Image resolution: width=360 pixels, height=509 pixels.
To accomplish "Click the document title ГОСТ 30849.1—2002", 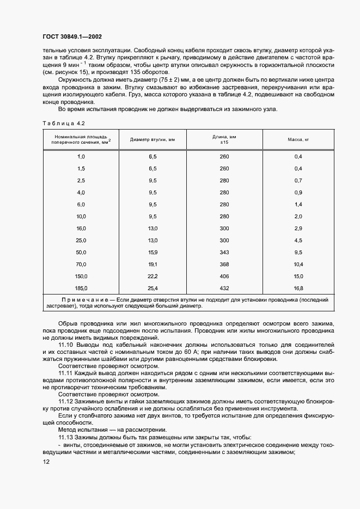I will click(71, 36).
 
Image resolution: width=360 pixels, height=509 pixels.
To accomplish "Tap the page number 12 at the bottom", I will click(45, 462).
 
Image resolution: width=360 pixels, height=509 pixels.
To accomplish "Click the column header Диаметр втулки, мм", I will click(152, 139).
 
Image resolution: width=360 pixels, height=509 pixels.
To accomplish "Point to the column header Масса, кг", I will click(298, 139).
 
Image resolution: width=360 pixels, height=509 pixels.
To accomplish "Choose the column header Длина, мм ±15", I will click(224, 139).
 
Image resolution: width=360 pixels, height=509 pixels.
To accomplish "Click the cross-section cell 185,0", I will click(82, 287).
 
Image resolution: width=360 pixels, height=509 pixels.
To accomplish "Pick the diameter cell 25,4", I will click(152, 287).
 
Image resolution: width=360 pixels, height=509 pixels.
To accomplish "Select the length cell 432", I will click(224, 287).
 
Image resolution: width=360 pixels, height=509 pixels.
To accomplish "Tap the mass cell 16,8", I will click(298, 287).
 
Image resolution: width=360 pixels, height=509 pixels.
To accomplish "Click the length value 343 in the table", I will click(224, 253).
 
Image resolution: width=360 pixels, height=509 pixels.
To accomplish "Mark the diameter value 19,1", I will click(152, 264).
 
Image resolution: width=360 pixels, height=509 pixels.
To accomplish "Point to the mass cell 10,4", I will click(298, 264).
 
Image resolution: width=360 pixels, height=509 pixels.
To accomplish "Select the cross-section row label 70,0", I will click(82, 264).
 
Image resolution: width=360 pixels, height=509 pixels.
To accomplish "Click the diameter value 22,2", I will click(152, 276).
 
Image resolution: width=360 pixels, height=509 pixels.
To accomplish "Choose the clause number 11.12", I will click(66, 401).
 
